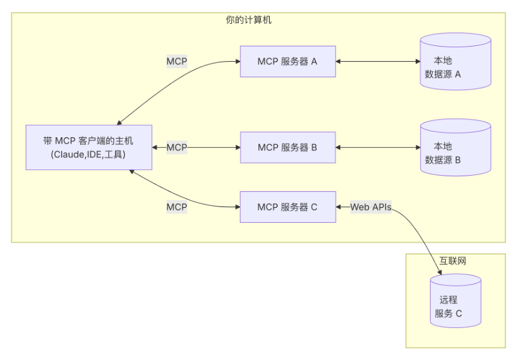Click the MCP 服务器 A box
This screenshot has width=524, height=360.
point(287,62)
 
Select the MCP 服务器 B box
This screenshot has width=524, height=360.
point(287,148)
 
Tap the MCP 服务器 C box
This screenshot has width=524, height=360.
point(287,207)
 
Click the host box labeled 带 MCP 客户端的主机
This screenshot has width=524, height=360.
point(88,147)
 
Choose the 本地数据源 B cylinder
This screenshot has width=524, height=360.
point(455,148)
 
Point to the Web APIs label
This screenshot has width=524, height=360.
point(371,207)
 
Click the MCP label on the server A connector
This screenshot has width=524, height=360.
point(176,62)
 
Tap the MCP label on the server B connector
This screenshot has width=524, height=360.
point(176,148)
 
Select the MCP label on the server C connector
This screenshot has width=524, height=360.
point(176,207)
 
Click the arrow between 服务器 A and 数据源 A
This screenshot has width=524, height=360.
point(378,62)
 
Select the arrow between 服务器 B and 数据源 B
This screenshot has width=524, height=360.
point(378,148)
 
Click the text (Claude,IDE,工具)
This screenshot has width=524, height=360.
point(88,154)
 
